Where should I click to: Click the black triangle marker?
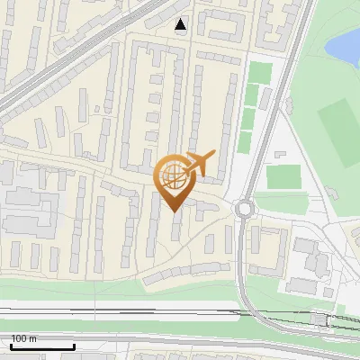point(182,25)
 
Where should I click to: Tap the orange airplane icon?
point(200,164)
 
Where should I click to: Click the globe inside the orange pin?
point(173,175)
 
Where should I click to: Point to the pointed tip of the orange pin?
point(173,211)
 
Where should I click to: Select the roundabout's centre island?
point(243,210)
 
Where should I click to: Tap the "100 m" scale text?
point(24,338)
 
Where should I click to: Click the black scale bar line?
point(42,346)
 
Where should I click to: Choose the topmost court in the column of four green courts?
point(259,72)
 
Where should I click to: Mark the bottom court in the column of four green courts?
point(245,141)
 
